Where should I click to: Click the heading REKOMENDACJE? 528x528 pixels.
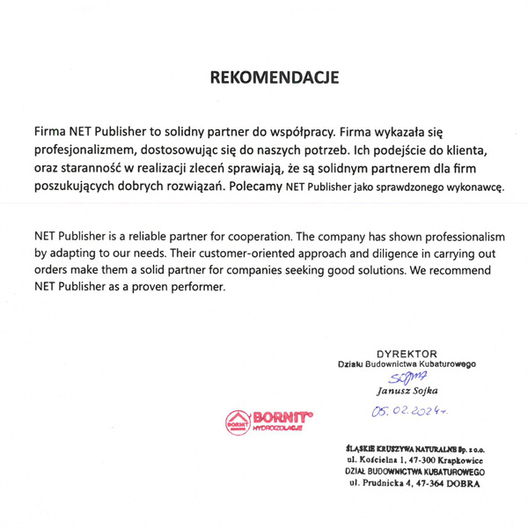pos(275,77)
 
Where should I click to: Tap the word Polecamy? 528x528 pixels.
pos(256,187)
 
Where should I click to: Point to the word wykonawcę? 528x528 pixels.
pos(474,187)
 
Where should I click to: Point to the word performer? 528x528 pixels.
pos(198,287)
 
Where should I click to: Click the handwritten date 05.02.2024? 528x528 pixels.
pos(406,410)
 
